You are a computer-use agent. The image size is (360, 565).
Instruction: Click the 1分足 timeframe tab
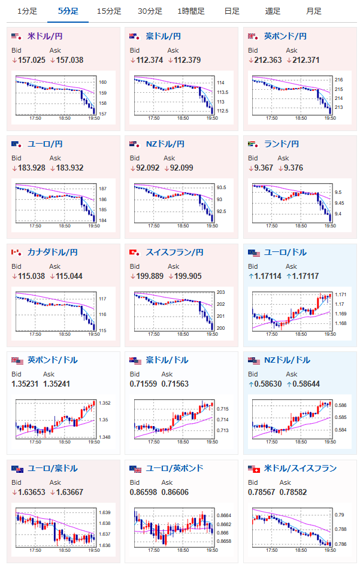point(27,11)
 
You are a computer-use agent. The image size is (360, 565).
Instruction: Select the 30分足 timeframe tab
point(150,11)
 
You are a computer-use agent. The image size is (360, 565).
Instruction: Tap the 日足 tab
point(232,11)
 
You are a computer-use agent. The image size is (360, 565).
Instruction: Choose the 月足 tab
point(313,11)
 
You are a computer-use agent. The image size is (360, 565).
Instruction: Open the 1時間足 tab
point(191,11)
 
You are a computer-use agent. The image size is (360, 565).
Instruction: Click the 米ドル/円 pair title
point(45,37)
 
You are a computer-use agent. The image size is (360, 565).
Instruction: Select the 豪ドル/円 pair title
point(164,37)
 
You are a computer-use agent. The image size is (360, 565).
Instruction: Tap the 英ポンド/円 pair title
point(285,37)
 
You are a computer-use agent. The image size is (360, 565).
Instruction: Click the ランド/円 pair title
point(281,144)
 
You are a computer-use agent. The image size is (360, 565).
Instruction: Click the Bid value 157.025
point(30,60)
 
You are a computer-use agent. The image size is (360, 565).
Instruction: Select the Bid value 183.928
point(30,168)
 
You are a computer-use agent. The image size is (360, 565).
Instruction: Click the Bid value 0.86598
point(146,491)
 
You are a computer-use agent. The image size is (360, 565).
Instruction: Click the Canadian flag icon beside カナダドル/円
point(16,252)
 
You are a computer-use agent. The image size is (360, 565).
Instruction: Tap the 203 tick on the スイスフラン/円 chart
point(220,292)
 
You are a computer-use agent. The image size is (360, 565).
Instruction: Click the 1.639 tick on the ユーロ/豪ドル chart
point(104,513)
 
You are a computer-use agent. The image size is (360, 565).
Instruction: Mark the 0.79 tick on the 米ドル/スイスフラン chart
point(340,515)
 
